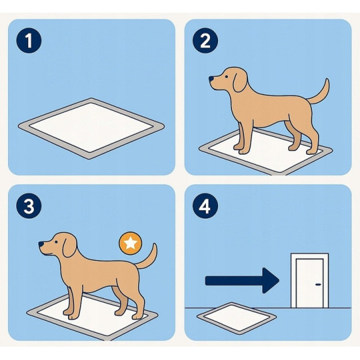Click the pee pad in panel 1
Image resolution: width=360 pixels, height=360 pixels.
91,126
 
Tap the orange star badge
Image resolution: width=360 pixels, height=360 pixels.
130,244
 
